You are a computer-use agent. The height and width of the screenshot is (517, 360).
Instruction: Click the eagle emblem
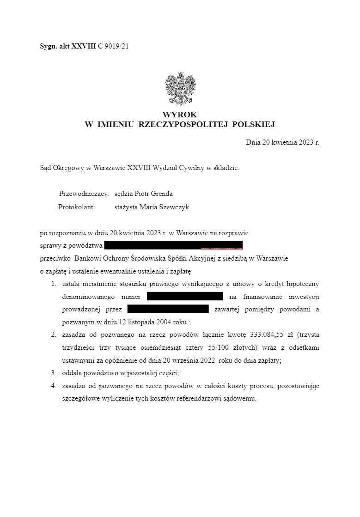point(180,89)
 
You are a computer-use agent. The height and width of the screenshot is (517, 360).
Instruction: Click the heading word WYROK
point(180,114)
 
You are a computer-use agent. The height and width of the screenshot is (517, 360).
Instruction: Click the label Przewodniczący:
point(84,194)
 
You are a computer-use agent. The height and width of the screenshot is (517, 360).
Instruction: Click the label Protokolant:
point(76,207)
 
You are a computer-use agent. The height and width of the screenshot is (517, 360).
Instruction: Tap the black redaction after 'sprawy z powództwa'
point(173,245)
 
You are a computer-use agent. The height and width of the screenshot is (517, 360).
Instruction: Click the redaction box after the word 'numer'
point(185,296)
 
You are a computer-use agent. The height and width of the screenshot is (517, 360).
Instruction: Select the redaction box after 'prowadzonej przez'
point(168,309)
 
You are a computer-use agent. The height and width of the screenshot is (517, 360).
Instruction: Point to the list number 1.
point(54,283)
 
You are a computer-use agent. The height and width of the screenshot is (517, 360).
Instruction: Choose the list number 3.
point(54,373)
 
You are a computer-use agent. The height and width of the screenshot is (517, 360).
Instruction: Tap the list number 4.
point(54,386)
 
